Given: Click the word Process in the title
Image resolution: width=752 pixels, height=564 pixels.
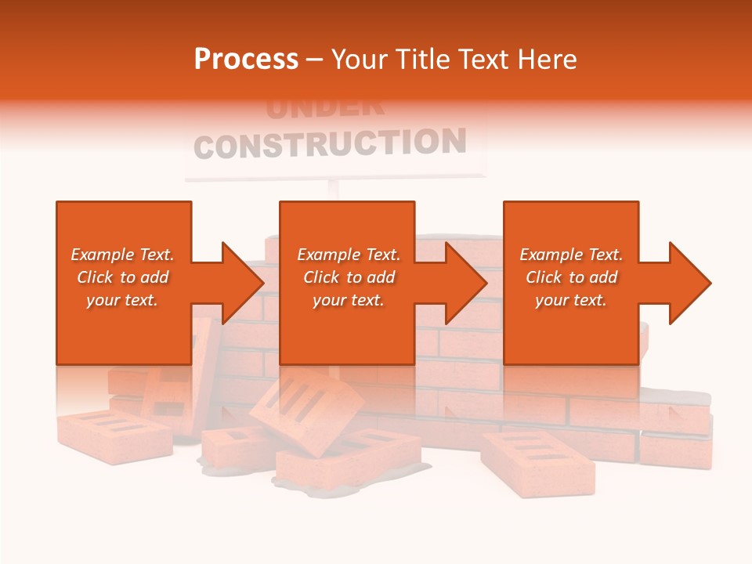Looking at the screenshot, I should (x=246, y=60).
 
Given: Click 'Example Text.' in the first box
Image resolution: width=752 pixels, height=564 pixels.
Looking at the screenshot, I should (x=122, y=255).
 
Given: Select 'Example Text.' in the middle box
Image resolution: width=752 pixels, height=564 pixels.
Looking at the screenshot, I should (x=349, y=255).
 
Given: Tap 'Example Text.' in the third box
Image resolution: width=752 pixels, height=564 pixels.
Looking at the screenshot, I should (x=571, y=255).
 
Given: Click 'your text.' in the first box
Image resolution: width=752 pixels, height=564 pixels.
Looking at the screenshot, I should (x=122, y=300).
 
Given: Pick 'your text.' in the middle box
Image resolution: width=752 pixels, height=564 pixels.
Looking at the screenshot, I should (x=349, y=300).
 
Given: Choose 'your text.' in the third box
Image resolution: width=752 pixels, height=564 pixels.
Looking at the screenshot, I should (x=571, y=300).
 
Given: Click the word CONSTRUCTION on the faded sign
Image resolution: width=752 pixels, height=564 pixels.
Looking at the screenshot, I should (x=330, y=144).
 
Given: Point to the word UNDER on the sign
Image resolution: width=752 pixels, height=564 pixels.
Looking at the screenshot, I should (x=324, y=108).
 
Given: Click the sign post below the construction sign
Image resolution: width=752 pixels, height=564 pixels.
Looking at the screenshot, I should (x=334, y=190).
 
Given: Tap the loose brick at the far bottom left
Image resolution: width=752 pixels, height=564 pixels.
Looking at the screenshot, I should (x=114, y=435).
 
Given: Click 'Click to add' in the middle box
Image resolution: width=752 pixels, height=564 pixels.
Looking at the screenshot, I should (x=349, y=277).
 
